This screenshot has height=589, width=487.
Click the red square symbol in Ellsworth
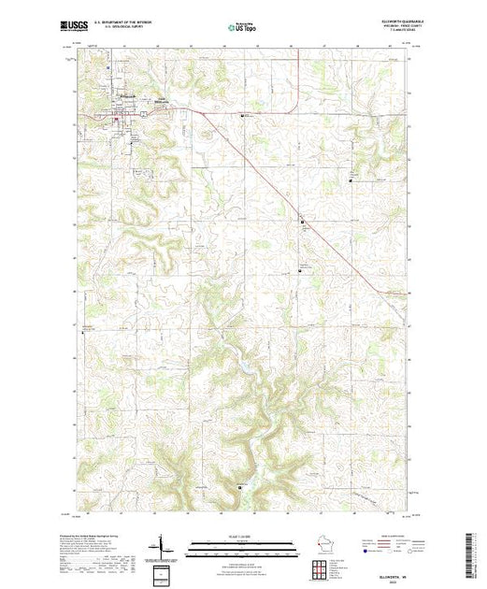tap(116, 118)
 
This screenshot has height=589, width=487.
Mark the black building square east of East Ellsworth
tap(245, 115)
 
